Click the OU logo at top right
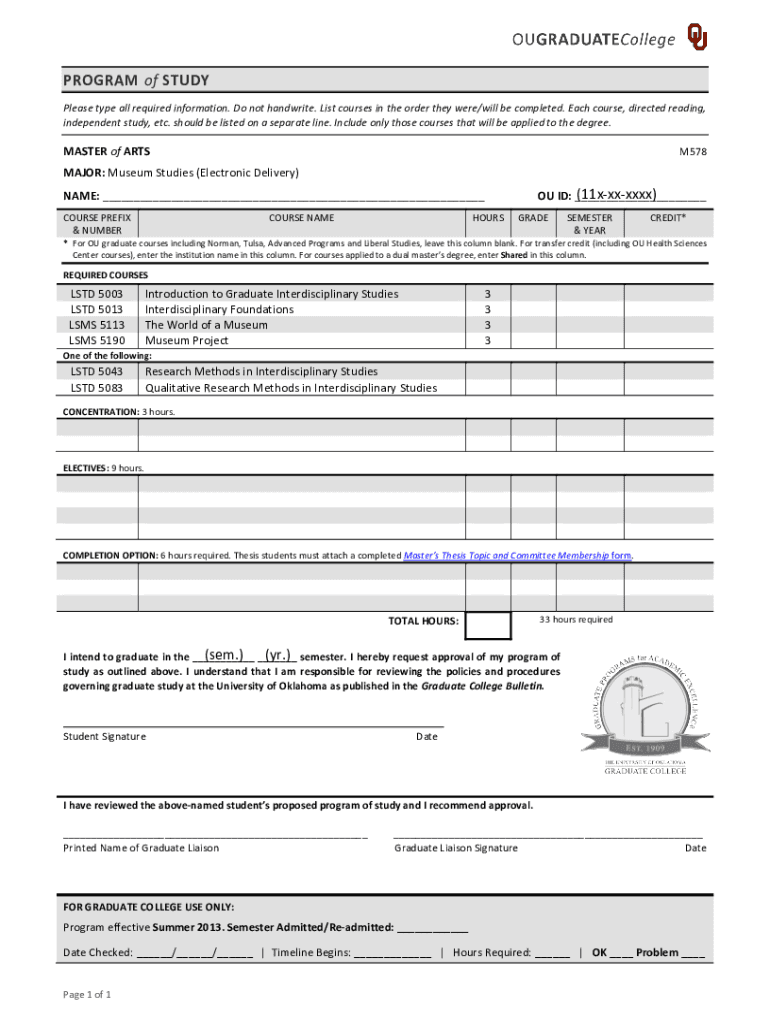pyautogui.click(x=697, y=36)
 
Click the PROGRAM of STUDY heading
pyautogui.click(x=136, y=80)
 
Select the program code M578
pyautogui.click(x=693, y=152)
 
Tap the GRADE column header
pyautogui.click(x=532, y=217)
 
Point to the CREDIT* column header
pyautogui.click(x=667, y=217)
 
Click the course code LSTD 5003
pyautogui.click(x=97, y=294)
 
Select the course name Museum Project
pyautogui.click(x=187, y=340)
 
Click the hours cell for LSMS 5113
pyautogui.click(x=487, y=325)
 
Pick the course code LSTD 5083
pyautogui.click(x=97, y=388)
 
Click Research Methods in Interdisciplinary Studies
pyautogui.click(x=261, y=372)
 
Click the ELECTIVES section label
pyautogui.click(x=87, y=468)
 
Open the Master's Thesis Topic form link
pyautogui.click(x=517, y=555)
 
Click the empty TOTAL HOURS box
pyautogui.click(x=489, y=626)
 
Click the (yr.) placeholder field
pyautogui.click(x=277, y=656)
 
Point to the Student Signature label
pyautogui.click(x=105, y=737)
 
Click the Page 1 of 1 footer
pyautogui.click(x=87, y=995)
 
